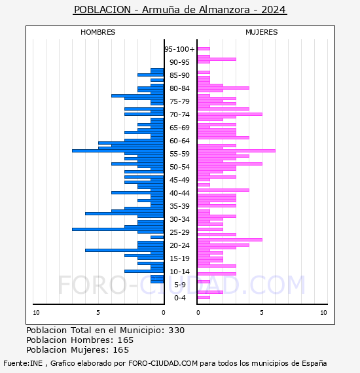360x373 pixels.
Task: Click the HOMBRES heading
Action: click(98, 32)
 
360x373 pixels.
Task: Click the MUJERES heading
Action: click(262, 32)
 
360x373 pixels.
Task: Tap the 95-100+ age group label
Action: click(179, 49)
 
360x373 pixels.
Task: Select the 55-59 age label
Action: click(179, 154)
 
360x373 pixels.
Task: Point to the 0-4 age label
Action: click(179, 298)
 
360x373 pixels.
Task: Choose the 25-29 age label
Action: click(179, 232)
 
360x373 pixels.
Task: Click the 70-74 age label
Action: click(179, 115)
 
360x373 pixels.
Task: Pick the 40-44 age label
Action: click(179, 193)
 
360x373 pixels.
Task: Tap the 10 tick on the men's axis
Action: click(36, 313)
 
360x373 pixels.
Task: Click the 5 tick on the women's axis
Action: click(262, 313)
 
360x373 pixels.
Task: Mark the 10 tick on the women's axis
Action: click(323, 313)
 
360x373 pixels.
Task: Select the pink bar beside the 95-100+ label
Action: click(204, 49)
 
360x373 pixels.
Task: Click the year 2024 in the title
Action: click(274, 10)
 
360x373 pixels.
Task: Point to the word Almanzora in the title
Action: click(224, 10)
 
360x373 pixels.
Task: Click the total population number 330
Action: click(176, 330)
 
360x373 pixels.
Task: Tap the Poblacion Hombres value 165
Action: click(126, 340)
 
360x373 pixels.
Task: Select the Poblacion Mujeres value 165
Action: click(121, 350)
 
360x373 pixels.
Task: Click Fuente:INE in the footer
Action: click(23, 363)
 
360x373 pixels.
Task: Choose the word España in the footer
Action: click(314, 364)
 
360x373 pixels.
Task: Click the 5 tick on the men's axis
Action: click(98, 313)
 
